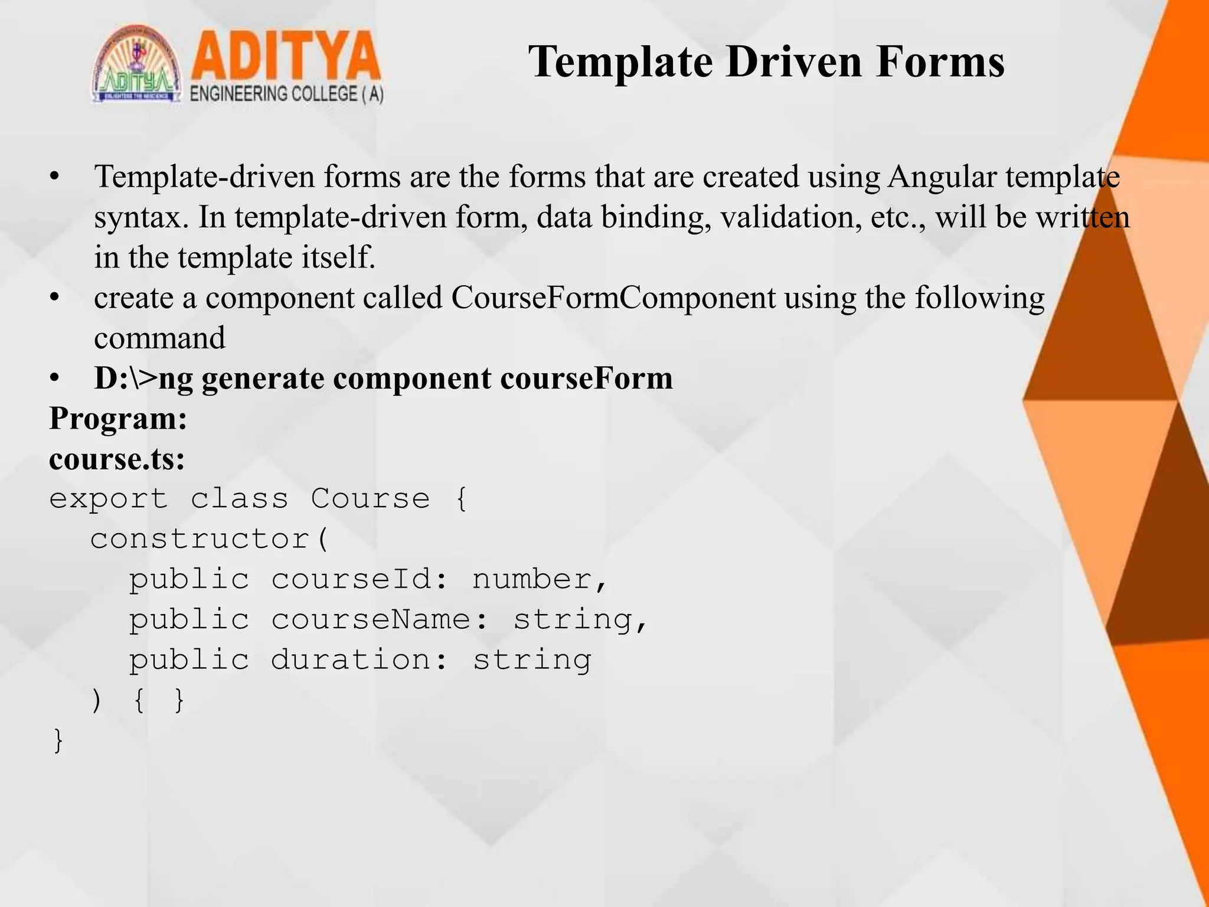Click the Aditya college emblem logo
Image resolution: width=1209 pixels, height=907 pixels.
pyautogui.click(x=136, y=66)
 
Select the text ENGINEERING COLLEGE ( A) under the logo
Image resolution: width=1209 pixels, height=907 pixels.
pyautogui.click(x=287, y=94)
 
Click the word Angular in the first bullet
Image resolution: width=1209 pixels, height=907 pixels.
pyautogui.click(x=942, y=177)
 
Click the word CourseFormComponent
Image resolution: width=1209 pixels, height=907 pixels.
pyautogui.click(x=613, y=298)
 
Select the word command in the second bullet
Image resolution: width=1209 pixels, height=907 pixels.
pyautogui.click(x=159, y=338)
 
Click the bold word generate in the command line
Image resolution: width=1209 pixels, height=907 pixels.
pyautogui.click(x=263, y=379)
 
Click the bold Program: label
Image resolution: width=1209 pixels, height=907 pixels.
pyautogui.click(x=118, y=419)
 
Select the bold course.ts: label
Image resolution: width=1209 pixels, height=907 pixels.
pyautogui.click(x=117, y=459)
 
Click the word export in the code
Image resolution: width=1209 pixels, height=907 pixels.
pyautogui.click(x=109, y=500)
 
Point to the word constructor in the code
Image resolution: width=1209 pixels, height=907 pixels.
pyautogui.click(x=201, y=539)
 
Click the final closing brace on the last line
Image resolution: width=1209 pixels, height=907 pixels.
pyautogui.click(x=58, y=740)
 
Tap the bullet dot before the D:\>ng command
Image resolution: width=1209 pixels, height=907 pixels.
pyautogui.click(x=55, y=379)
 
